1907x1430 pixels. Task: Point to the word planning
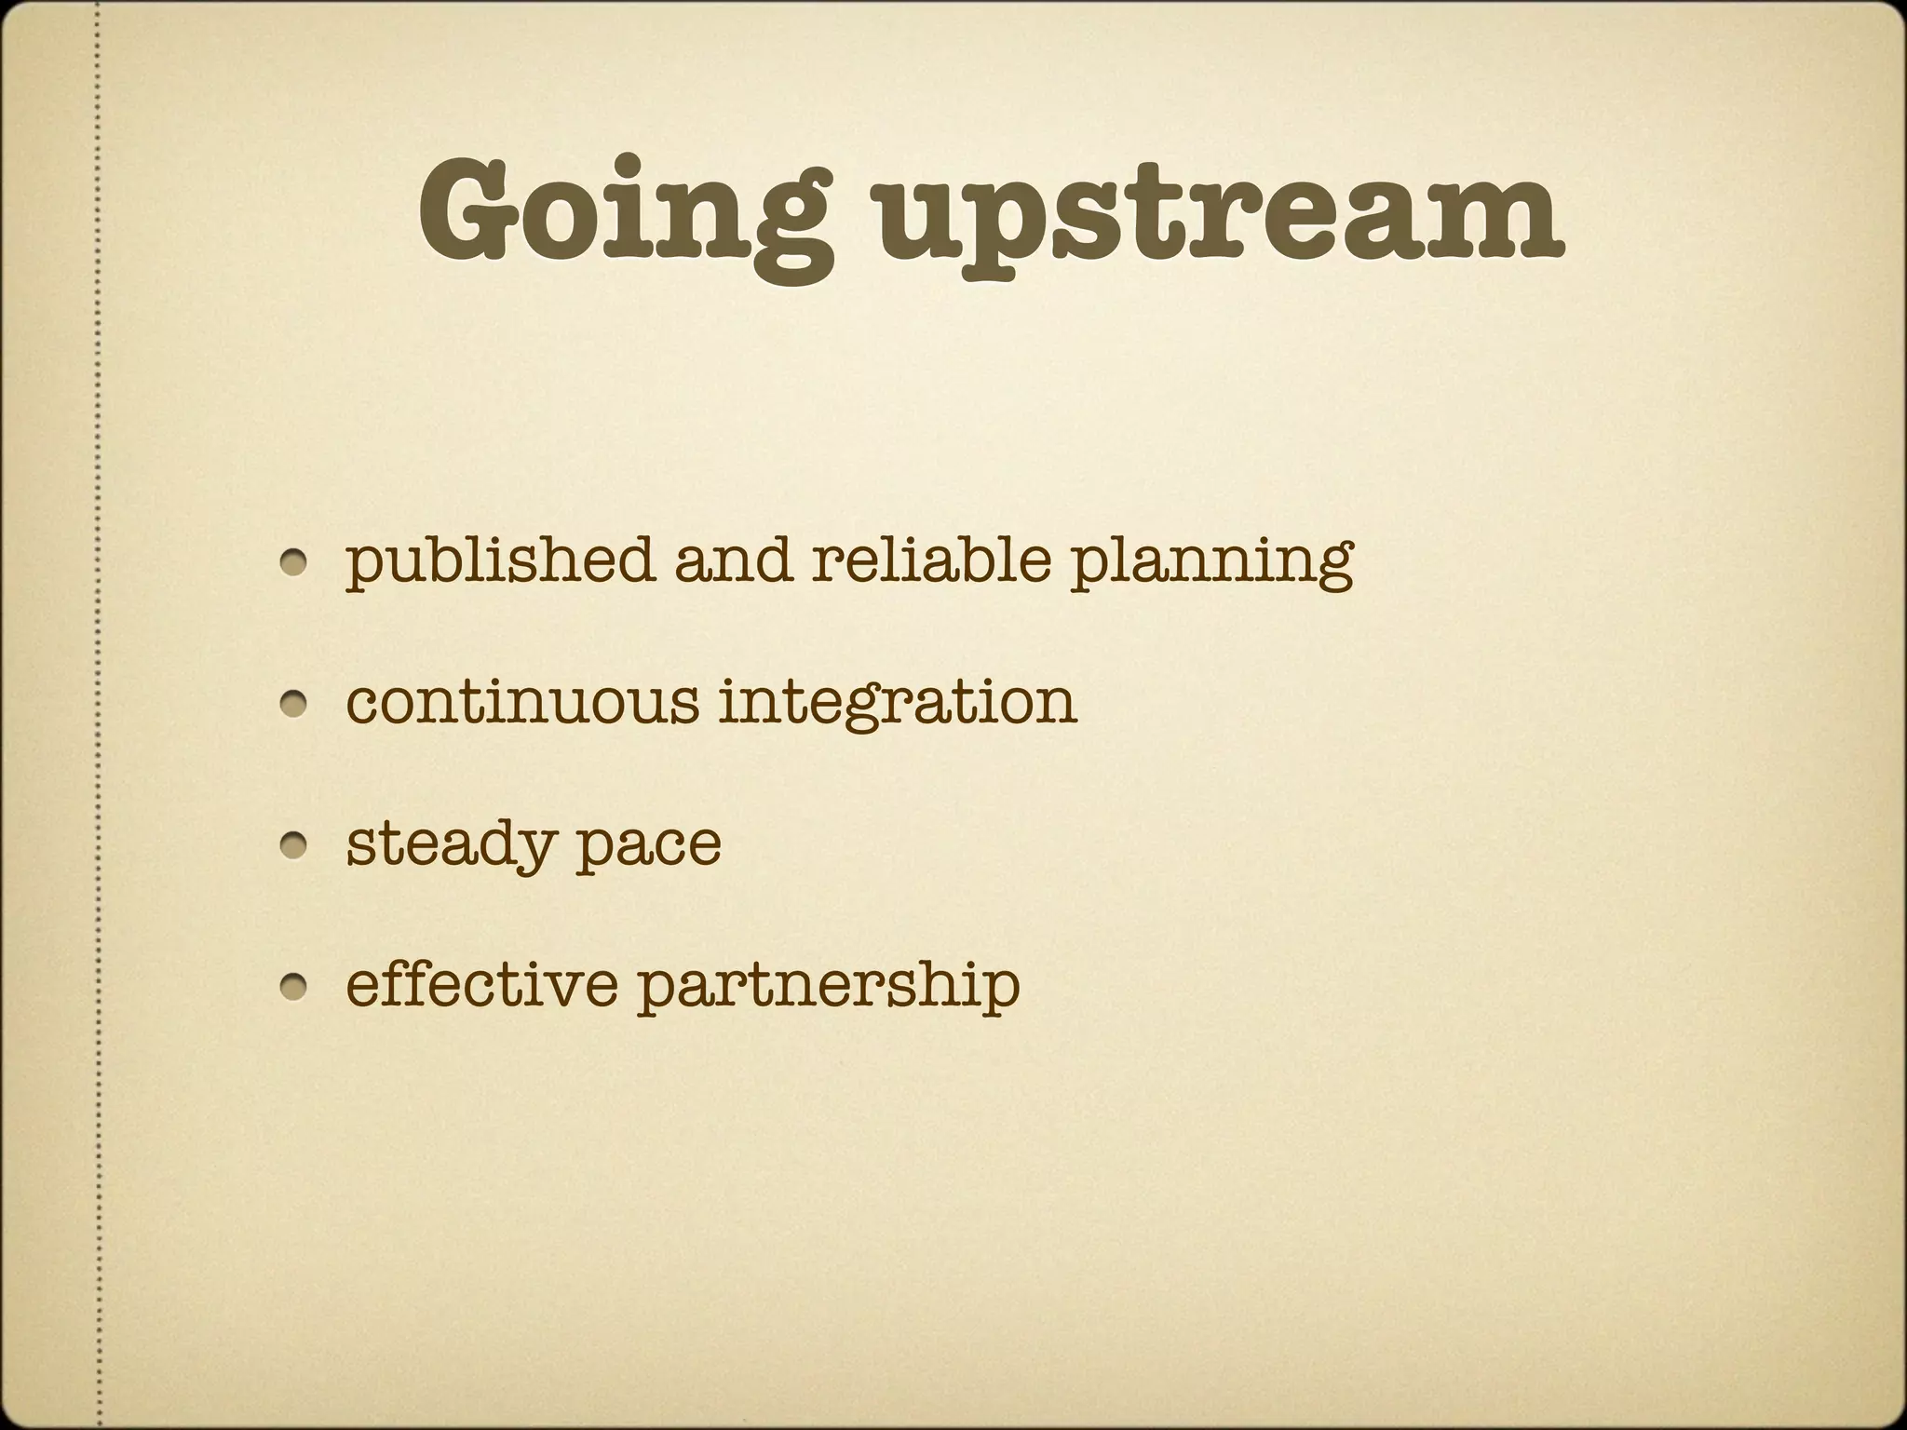pyautogui.click(x=1210, y=564)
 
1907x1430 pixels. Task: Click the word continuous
pyautogui.click(x=521, y=702)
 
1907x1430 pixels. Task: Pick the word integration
pyautogui.click(x=898, y=704)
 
